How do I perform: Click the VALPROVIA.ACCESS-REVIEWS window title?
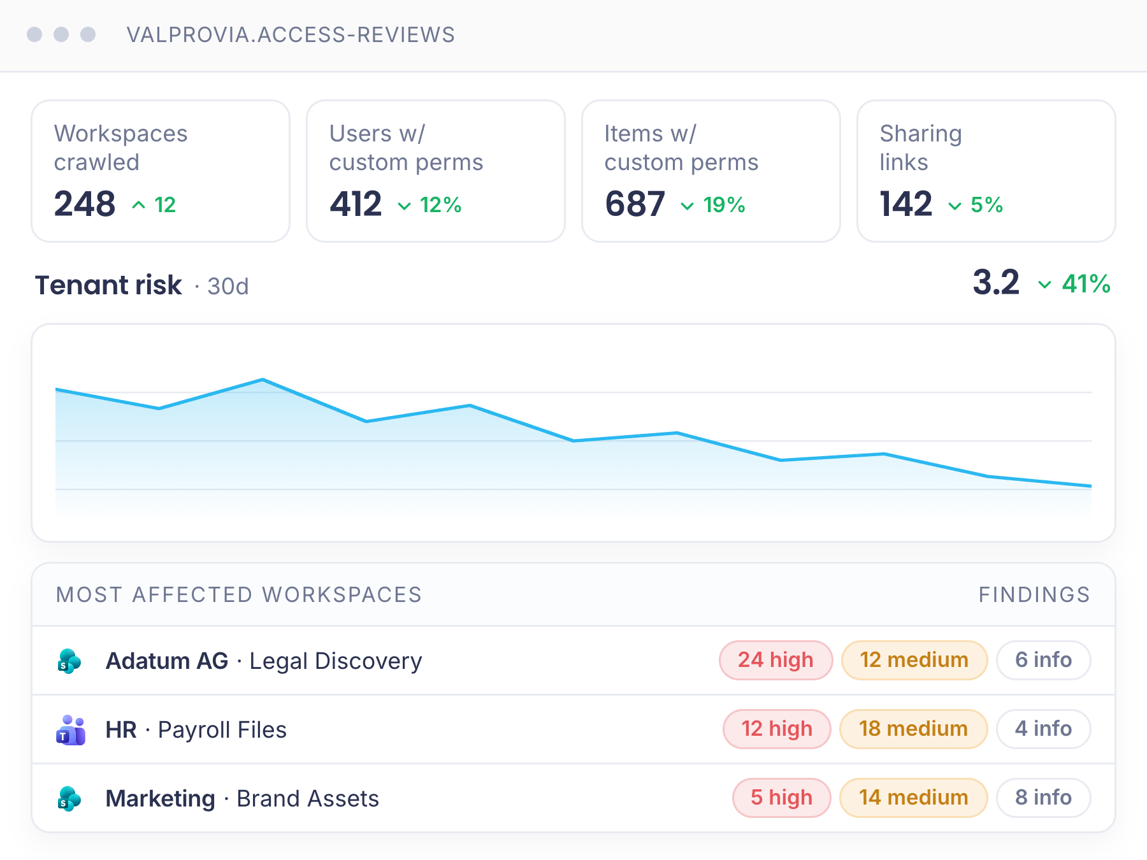(291, 34)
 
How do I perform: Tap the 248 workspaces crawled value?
(85, 204)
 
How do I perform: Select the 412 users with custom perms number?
(356, 204)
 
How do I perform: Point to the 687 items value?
(635, 204)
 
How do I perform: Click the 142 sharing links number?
(905, 204)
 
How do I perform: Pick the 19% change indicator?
(713, 205)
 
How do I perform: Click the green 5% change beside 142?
(976, 205)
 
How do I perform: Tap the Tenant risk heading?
(108, 285)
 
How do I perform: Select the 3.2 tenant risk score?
(996, 283)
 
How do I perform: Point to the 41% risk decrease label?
(1074, 284)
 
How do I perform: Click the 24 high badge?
(776, 660)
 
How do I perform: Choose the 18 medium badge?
(914, 729)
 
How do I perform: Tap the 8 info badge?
(1044, 798)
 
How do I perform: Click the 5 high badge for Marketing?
(782, 798)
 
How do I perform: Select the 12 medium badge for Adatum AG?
(914, 660)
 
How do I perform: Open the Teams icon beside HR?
(71, 730)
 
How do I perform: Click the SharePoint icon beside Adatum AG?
(69, 661)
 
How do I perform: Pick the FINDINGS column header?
(1034, 595)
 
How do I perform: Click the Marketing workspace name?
(161, 799)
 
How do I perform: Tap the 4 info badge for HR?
(1044, 729)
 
